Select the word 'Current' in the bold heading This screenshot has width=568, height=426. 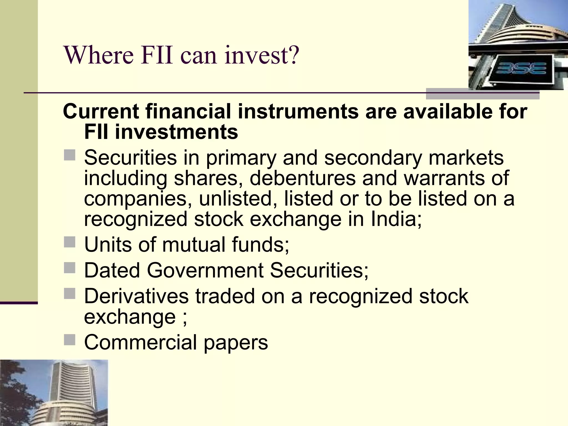click(x=101, y=111)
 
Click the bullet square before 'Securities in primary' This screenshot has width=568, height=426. click(x=69, y=155)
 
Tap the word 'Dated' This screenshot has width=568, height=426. click(x=112, y=270)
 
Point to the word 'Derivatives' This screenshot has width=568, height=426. click(x=136, y=296)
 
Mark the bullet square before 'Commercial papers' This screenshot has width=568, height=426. click(x=69, y=340)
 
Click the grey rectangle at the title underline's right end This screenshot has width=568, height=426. click(x=483, y=94)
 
